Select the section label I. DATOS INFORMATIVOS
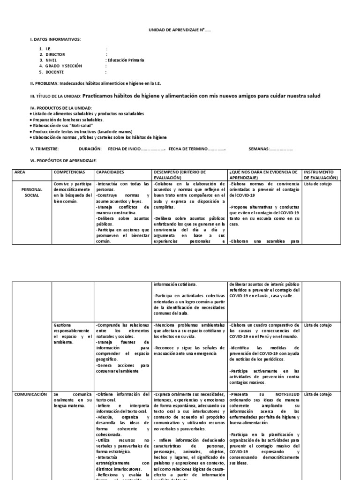click(x=55, y=39)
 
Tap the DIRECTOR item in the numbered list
click(x=57, y=54)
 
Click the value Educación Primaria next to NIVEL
click(x=126, y=60)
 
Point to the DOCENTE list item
click(x=56, y=72)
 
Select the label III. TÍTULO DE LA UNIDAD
click(x=55, y=97)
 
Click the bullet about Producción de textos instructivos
click(x=82, y=132)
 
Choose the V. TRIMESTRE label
click(x=44, y=149)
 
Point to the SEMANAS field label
click(x=258, y=149)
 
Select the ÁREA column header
click(x=20, y=172)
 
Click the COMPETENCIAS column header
click(x=69, y=172)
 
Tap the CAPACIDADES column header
click(x=111, y=172)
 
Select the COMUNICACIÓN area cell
click(x=30, y=394)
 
